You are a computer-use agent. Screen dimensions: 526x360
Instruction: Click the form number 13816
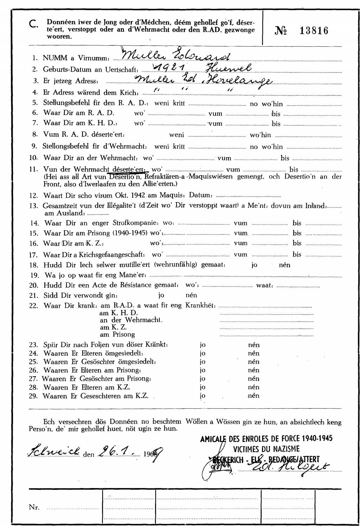[314, 31]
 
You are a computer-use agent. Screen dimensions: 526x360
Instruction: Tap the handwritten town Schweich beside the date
[54, 451]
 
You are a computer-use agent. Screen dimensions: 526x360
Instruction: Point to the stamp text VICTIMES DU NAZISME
[266, 449]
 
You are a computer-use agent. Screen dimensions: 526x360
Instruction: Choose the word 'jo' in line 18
[254, 265]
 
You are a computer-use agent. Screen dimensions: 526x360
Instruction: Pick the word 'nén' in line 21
[191, 295]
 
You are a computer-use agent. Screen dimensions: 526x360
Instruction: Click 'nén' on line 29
[253, 396]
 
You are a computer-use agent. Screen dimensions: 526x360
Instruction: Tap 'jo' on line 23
[202, 345]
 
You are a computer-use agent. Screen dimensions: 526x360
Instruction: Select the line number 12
[34, 195]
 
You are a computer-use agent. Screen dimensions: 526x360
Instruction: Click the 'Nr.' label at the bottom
[34, 507]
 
